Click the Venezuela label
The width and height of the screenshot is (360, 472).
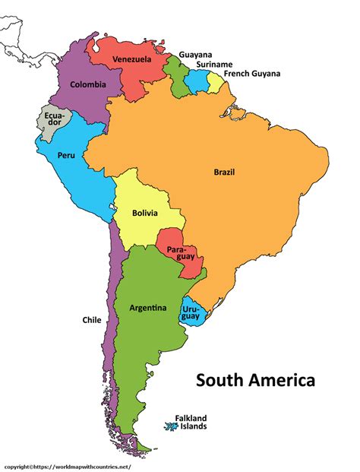click(x=131, y=59)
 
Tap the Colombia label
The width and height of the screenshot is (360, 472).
click(x=88, y=84)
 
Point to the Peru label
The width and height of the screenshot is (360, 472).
click(x=65, y=155)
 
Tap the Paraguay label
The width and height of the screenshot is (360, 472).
click(x=177, y=254)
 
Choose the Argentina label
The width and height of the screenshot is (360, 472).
click(x=148, y=308)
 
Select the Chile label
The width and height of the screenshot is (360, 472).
click(x=92, y=320)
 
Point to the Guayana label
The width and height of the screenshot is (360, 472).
click(x=195, y=55)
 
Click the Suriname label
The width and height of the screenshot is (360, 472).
click(x=214, y=65)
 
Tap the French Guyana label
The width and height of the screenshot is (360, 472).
click(x=251, y=74)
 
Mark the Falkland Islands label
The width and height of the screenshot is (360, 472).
click(x=191, y=422)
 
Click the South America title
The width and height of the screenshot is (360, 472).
click(x=255, y=379)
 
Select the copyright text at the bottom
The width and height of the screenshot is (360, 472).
click(x=66, y=465)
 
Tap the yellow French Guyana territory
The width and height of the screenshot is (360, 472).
click(x=216, y=81)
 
